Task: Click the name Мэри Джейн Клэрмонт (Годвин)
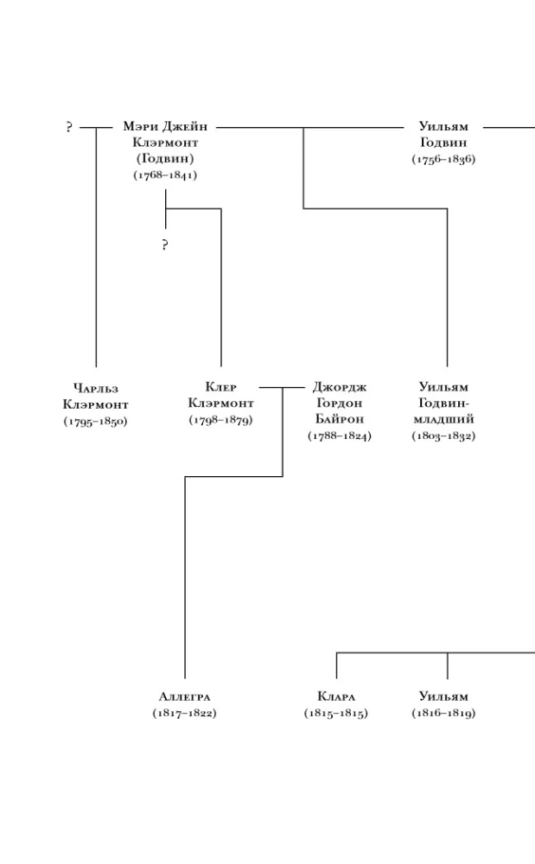point(165,143)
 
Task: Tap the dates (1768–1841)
point(165,175)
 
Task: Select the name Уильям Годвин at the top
point(443,134)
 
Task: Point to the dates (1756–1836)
point(443,159)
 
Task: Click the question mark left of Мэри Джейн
point(69,127)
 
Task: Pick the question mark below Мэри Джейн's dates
point(165,245)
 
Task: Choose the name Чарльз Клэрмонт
point(96,397)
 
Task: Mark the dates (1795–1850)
point(95,421)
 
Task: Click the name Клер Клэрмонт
point(221,395)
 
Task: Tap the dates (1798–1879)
point(221,419)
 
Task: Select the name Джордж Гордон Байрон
point(340,403)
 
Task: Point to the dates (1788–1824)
point(340,435)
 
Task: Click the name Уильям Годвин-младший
point(443,403)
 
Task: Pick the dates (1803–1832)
point(443,435)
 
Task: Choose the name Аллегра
point(185,696)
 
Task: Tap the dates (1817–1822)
point(185,713)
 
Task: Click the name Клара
point(336,696)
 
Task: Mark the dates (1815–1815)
point(336,713)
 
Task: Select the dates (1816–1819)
point(443,713)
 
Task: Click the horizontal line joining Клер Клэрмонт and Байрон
point(282,387)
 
